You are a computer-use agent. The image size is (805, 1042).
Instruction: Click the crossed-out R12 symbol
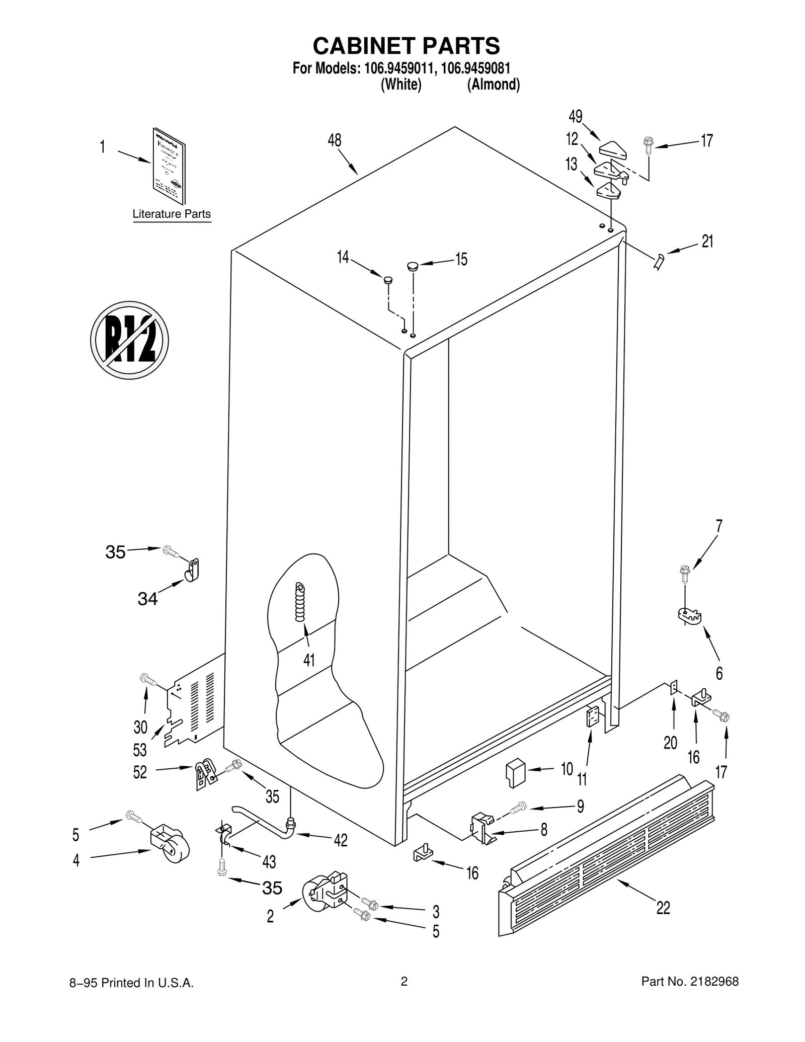click(x=129, y=340)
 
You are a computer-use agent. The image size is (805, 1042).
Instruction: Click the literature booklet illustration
click(x=169, y=166)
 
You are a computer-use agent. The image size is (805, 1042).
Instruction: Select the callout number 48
click(x=334, y=140)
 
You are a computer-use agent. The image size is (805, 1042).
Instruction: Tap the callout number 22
click(x=663, y=908)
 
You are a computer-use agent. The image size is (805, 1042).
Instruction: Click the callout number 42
click(x=340, y=840)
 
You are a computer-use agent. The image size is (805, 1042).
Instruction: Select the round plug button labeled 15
click(x=413, y=265)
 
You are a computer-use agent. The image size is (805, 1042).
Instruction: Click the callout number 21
click(x=707, y=242)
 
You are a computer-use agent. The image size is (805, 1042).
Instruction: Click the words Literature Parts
click(x=172, y=214)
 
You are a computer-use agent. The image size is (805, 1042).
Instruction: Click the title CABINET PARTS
click(x=406, y=46)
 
